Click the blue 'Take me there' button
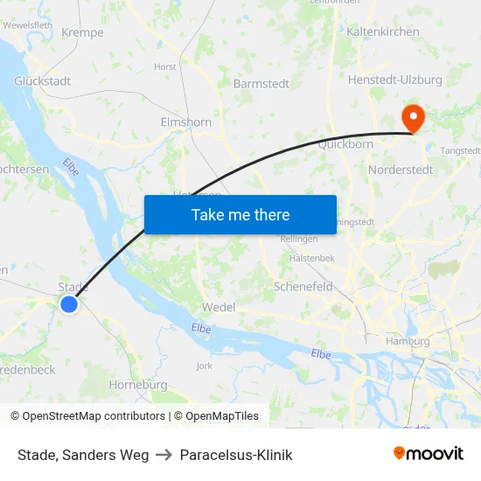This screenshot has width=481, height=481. click(x=240, y=214)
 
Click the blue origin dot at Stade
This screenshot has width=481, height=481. click(x=69, y=303)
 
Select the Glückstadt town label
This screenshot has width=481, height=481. click(x=42, y=80)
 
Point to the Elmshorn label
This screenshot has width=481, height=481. click(x=186, y=122)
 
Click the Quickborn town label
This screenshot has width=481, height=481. click(x=345, y=144)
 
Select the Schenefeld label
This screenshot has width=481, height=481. click(x=303, y=286)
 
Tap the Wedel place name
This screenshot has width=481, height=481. click(x=219, y=308)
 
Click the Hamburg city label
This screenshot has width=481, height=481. click(x=408, y=341)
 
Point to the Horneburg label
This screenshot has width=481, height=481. click(x=137, y=385)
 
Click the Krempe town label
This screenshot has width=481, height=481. click(x=83, y=33)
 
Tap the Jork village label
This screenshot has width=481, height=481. click(x=205, y=366)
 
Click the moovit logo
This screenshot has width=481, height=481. click(x=428, y=454)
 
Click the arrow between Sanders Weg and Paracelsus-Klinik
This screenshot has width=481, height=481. click(x=164, y=455)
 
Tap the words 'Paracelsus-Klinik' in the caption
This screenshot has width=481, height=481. click(x=236, y=455)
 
